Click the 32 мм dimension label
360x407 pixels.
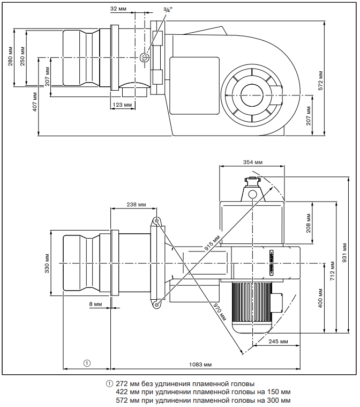coord(118,9)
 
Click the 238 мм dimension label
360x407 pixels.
coord(137,204)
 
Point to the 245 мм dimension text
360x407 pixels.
coord(277,341)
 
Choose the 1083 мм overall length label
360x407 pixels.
coord(201,364)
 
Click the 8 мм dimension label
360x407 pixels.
coord(95,304)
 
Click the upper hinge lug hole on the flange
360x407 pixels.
coord(155,220)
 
